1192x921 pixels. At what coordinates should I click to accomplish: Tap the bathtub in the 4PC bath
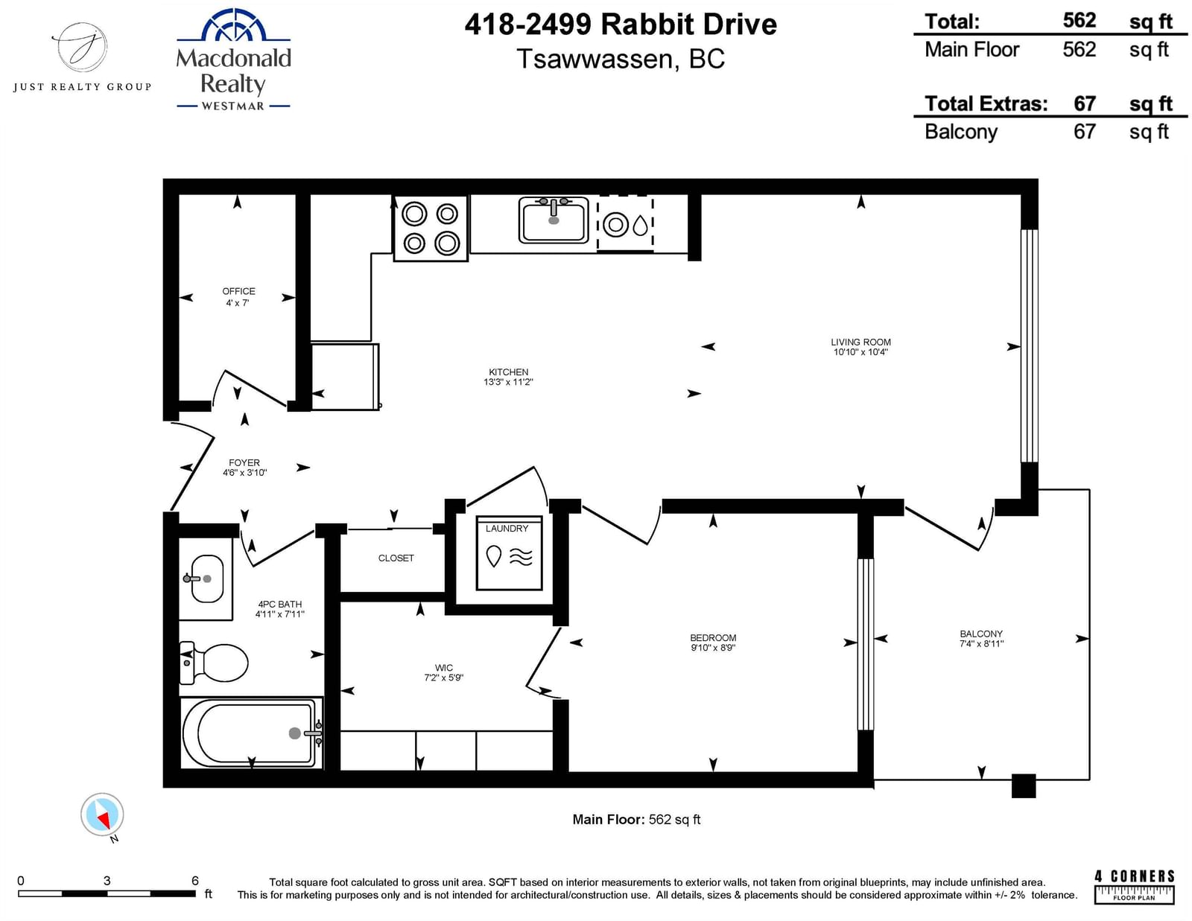[x=252, y=733]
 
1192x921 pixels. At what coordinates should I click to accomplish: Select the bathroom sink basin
[x=207, y=579]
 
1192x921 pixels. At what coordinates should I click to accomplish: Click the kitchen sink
[x=554, y=220]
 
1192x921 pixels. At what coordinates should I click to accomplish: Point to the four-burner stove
[x=431, y=229]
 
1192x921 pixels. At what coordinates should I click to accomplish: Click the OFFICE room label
[x=238, y=291]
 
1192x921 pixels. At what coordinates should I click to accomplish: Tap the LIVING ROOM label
[x=860, y=342]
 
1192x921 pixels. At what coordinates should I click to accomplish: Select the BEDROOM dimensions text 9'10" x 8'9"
[x=713, y=648]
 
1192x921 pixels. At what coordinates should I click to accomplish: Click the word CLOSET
[x=396, y=558]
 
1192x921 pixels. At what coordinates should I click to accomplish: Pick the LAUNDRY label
[x=507, y=529]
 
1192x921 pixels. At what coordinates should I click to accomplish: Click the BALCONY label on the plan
[x=981, y=634]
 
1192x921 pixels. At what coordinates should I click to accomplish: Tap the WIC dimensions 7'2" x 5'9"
[x=444, y=678]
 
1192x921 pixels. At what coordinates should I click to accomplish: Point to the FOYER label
[x=244, y=462]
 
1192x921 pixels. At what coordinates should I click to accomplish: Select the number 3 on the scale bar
[x=107, y=881]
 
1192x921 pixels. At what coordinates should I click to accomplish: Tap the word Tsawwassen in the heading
[x=595, y=60]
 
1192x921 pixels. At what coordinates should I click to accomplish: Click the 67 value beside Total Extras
[x=1085, y=103]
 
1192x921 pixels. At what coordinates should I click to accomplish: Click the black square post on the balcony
[x=1024, y=785]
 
